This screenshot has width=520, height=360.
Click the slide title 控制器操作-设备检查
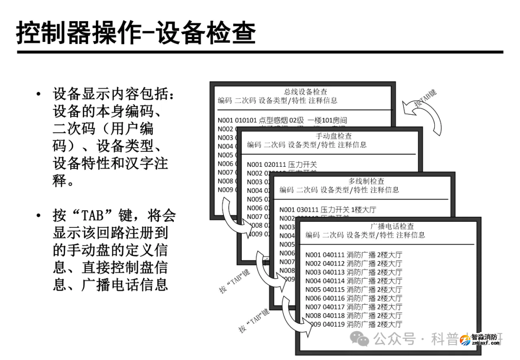pyautogui.click(x=136, y=33)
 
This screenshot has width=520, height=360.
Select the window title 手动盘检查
pyautogui.click(x=334, y=136)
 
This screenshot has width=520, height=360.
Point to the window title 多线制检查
pyautogui.click(x=366, y=181)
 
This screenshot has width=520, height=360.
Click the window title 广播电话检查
pyautogui.click(x=392, y=226)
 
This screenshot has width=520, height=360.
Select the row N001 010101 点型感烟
pyautogui.click(x=282, y=120)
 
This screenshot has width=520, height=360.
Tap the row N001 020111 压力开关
pyautogui.click(x=282, y=165)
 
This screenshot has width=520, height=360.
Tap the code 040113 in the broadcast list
pyautogui.click(x=333, y=272)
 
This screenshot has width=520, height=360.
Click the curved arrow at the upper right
pyautogui.click(x=426, y=116)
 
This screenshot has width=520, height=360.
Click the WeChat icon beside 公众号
pyautogui.click(x=361, y=339)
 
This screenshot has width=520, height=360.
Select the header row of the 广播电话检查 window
pyautogui.click(x=365, y=235)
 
